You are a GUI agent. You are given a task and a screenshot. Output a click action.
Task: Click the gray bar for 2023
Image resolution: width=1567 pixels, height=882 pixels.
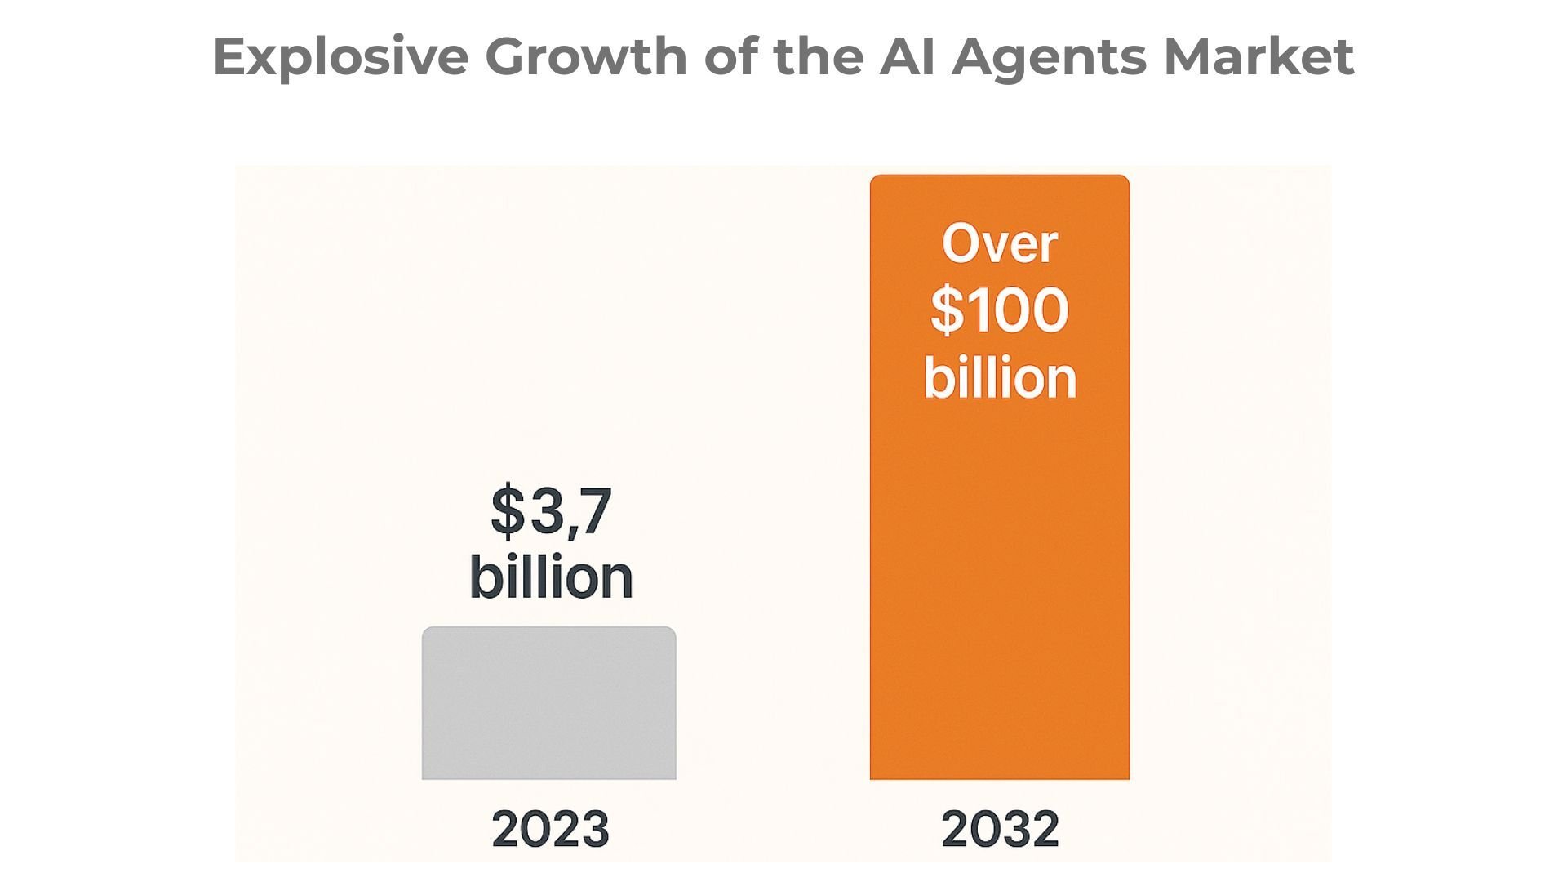coord(548,703)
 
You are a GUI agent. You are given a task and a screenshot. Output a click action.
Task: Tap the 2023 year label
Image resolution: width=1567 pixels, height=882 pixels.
coord(550,829)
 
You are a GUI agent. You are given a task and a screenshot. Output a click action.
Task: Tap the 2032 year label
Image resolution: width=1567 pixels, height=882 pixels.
coord(1000,829)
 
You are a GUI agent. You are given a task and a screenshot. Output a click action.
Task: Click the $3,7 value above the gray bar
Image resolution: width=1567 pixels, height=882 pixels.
coord(551,512)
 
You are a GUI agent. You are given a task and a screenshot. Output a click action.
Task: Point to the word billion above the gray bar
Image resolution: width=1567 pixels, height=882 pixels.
coord(551,577)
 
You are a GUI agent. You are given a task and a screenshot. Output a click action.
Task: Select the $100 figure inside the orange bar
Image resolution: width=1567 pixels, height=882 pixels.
coord(999,310)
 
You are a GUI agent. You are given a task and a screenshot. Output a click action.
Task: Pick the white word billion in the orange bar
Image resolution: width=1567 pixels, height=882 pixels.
coord(1000,378)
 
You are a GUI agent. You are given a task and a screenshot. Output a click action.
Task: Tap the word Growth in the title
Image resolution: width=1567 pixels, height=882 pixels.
coord(586,57)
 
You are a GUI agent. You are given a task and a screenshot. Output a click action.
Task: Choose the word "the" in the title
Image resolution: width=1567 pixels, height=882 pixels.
coord(817,57)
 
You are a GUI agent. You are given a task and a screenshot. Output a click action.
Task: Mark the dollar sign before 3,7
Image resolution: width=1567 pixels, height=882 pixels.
coord(508,512)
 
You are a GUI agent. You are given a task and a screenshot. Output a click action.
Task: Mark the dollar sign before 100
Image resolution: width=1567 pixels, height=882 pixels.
coord(947,310)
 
